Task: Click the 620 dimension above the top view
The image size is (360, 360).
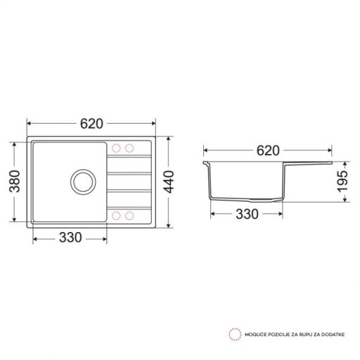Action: point(91,124)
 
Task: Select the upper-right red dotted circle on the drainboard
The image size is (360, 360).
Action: point(129,149)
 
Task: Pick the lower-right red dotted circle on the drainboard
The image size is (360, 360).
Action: point(129,214)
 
